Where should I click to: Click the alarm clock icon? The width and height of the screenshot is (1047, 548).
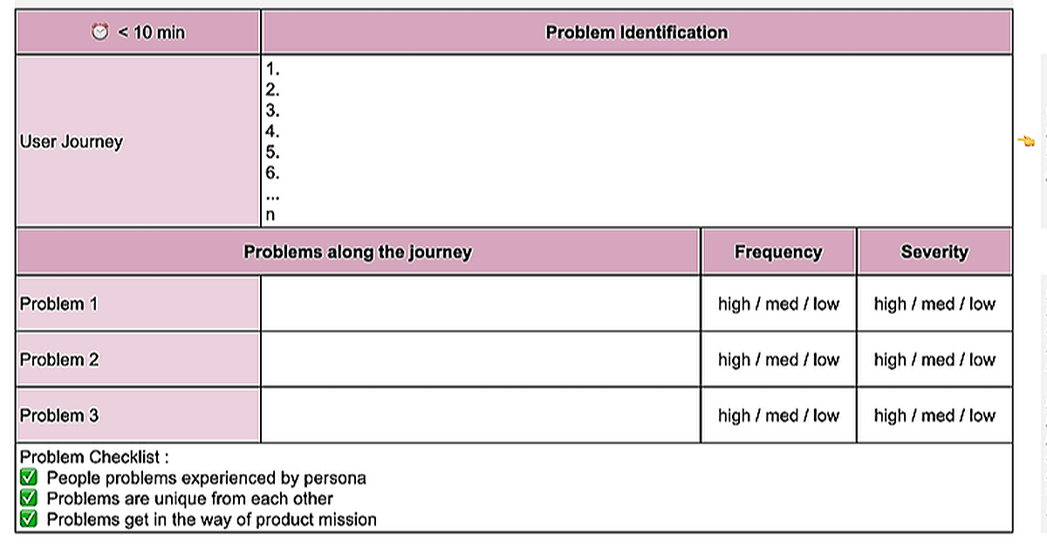click(x=99, y=31)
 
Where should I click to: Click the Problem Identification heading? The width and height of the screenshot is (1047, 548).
click(x=637, y=32)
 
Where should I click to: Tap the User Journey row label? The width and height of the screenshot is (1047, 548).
click(x=71, y=141)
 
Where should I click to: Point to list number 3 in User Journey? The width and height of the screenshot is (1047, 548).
click(x=272, y=110)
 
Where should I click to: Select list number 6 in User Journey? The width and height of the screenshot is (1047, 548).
click(x=272, y=173)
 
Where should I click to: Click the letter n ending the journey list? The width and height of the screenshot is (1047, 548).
click(x=270, y=215)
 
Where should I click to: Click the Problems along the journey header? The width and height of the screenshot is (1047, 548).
click(x=358, y=251)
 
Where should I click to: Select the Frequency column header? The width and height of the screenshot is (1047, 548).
click(x=778, y=251)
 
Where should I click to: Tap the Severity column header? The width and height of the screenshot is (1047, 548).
click(x=934, y=251)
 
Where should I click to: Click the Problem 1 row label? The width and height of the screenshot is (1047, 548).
click(x=59, y=304)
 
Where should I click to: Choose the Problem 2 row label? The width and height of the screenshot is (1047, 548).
click(x=59, y=360)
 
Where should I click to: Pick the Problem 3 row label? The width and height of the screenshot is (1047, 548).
click(x=59, y=415)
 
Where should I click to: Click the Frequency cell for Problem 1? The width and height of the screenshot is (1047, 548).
click(x=778, y=304)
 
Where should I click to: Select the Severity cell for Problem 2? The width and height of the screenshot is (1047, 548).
click(x=934, y=360)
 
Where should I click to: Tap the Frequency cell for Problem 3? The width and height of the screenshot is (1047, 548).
click(x=778, y=415)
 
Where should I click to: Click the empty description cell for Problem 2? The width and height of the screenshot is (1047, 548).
click(x=481, y=360)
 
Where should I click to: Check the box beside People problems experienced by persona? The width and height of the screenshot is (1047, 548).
click(x=29, y=477)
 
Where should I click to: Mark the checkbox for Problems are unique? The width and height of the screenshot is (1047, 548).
click(x=29, y=498)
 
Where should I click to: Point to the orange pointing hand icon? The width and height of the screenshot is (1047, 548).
click(x=1026, y=140)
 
